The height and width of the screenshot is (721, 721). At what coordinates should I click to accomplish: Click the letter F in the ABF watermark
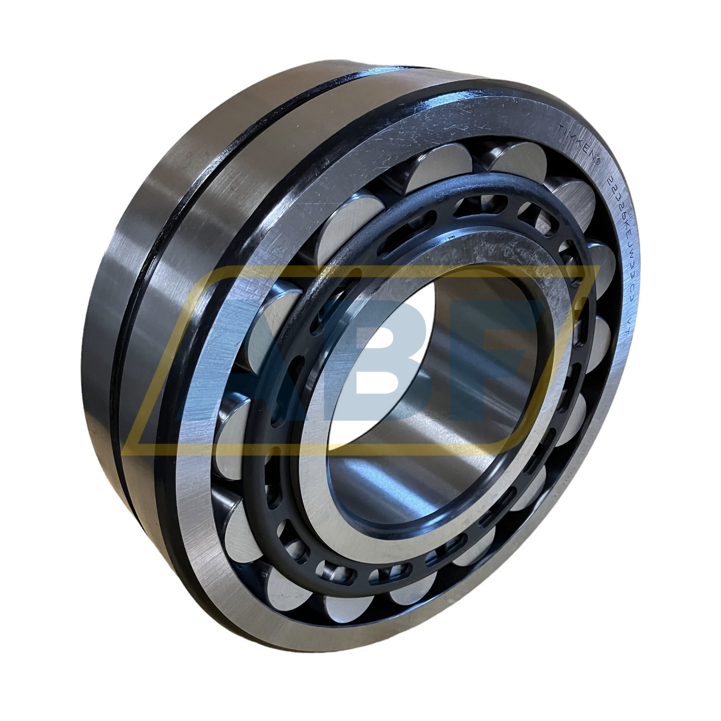[500, 356]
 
